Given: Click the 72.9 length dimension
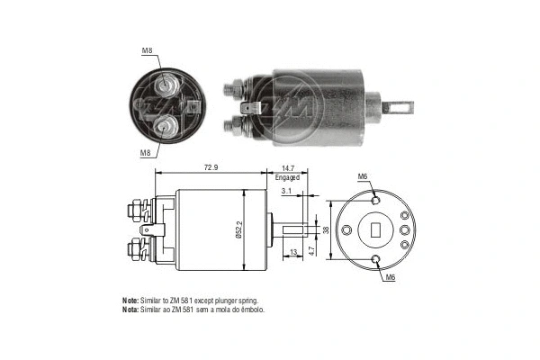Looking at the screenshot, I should (x=211, y=168).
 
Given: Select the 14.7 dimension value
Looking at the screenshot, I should (x=288, y=168).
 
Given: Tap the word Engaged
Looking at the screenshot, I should (x=288, y=177).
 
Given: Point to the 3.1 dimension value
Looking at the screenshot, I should (x=284, y=191).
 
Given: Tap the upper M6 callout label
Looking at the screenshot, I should (x=364, y=176).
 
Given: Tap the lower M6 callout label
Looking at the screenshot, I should (x=390, y=279).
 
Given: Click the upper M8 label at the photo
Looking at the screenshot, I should (x=146, y=51).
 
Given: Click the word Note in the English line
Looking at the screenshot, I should (x=131, y=299).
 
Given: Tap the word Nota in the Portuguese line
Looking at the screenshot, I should (x=131, y=309).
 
